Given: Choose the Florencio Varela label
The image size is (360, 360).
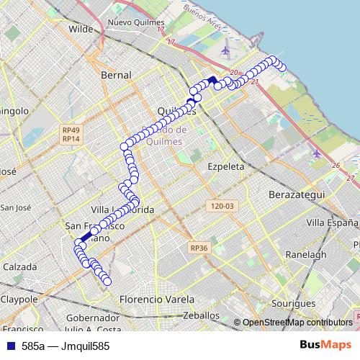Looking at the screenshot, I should point(157,299).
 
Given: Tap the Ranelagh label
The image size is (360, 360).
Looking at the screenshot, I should point(306,255).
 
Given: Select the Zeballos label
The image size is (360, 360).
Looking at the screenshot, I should point(201,315).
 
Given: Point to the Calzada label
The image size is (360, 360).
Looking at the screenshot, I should point(20,266).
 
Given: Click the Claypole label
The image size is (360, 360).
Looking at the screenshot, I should point(19,299).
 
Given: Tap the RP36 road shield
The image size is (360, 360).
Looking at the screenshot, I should point(199,248).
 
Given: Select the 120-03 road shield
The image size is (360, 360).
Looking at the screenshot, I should point(221,206).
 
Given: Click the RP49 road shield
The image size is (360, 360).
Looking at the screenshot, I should point(70,130).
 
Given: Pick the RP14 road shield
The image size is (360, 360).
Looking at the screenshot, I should point(70,139).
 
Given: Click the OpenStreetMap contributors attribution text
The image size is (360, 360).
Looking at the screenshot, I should point(297,323).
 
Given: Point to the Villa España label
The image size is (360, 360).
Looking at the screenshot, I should point(331,222).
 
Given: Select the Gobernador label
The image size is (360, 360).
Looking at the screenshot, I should point(92,318).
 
